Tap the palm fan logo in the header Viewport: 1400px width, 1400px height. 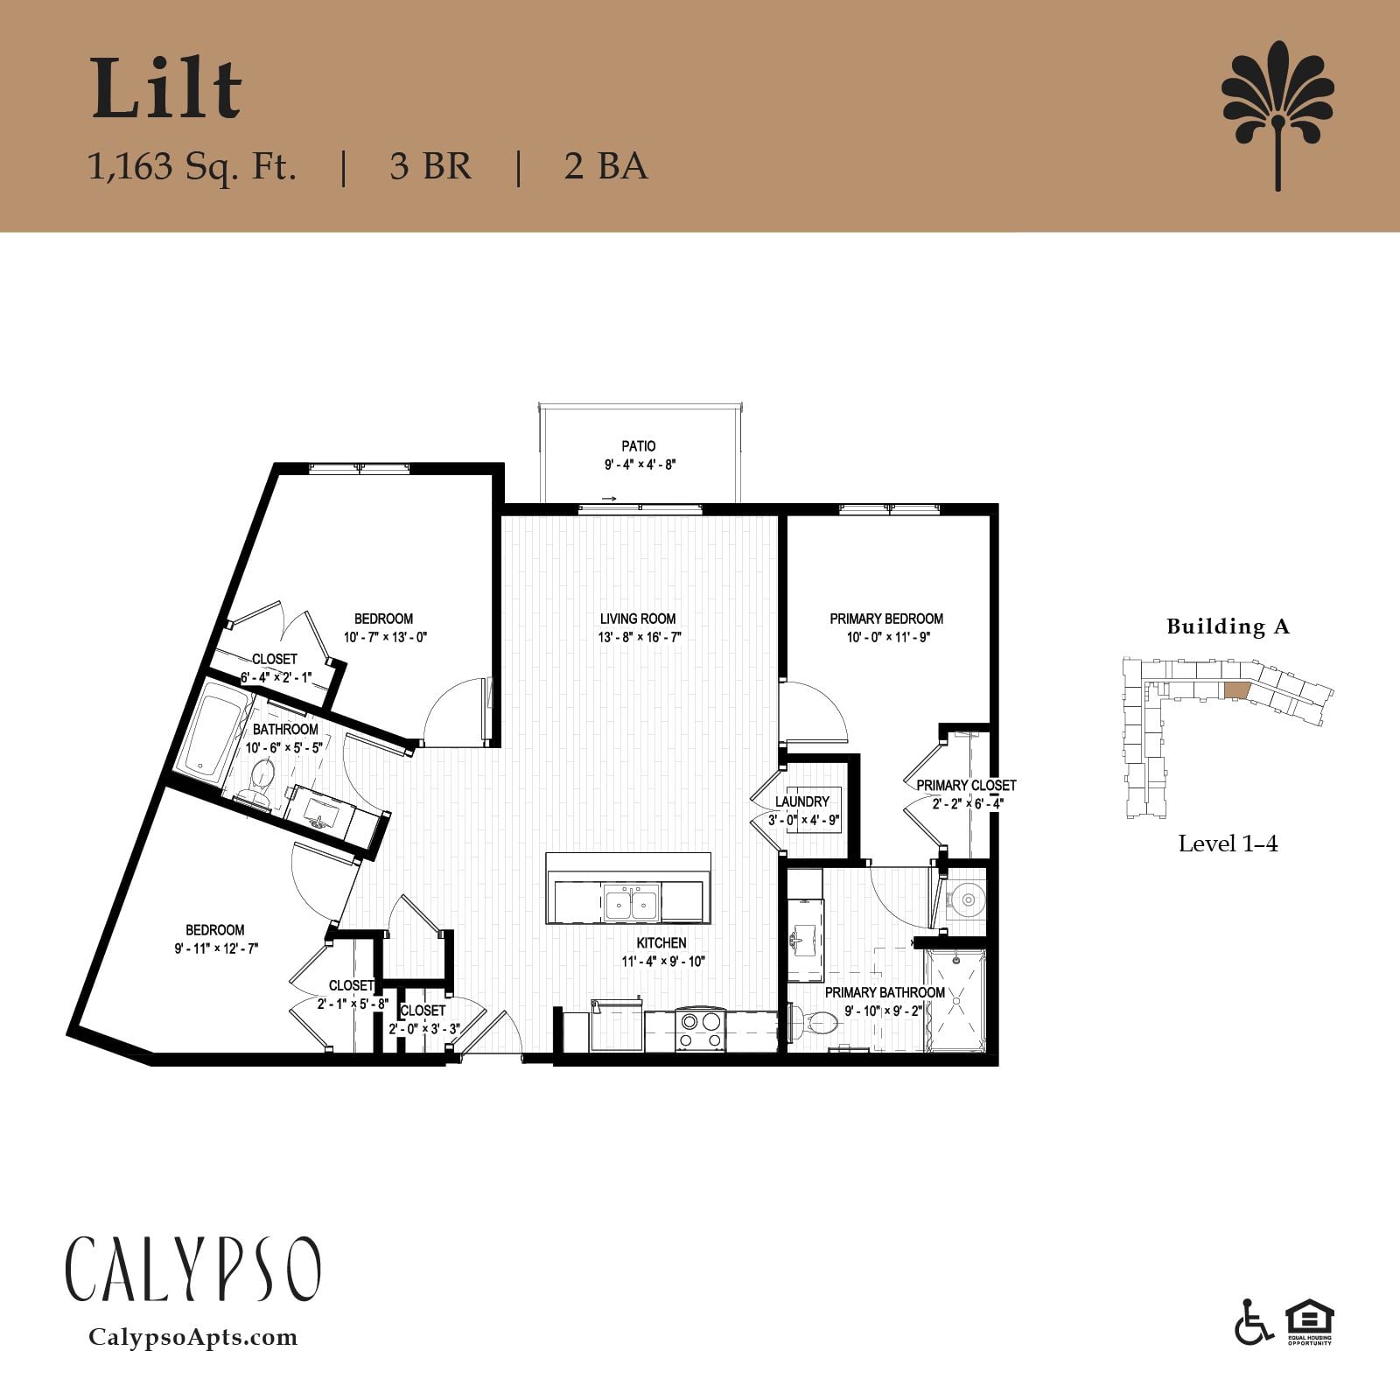coord(1277,115)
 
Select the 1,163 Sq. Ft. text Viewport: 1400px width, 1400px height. coord(192,166)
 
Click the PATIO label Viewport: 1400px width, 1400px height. coord(639,446)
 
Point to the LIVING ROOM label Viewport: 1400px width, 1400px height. coord(638,619)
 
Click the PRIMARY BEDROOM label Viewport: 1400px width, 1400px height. coord(886,619)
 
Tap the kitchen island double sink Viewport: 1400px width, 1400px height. coord(631,902)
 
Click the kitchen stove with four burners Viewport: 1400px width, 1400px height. coord(700,1030)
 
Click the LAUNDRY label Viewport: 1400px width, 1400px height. coord(802,801)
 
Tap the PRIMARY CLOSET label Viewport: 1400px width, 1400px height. coord(966,786)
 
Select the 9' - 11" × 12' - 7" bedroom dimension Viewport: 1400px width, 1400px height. coord(216,948)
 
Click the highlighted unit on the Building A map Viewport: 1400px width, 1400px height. coord(1236,689)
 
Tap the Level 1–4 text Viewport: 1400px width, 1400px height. coord(1228,843)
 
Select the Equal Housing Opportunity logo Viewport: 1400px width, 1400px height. coord(1309,1323)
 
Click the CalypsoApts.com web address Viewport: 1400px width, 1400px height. coord(193,1337)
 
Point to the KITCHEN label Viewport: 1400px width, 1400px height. coord(661,943)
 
